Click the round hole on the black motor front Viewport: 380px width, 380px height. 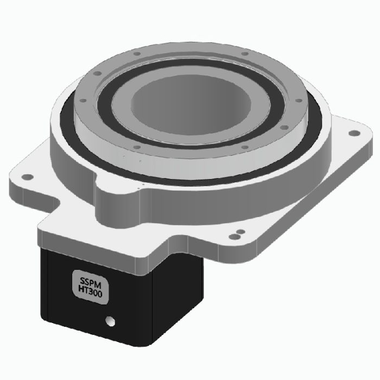pos(111,321)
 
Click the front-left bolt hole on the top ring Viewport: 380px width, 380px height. pos(137,147)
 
